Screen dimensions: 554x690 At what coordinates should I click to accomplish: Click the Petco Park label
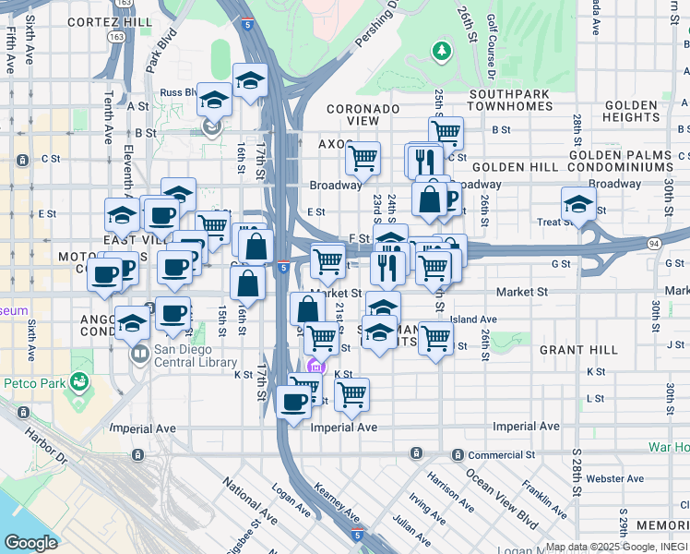click(x=39, y=383)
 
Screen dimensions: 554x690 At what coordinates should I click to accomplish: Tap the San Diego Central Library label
click(x=196, y=355)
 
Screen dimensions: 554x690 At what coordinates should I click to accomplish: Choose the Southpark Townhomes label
click(x=510, y=101)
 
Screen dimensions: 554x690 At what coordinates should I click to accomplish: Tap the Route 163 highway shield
click(x=117, y=36)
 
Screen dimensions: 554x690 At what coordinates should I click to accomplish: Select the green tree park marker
click(x=444, y=50)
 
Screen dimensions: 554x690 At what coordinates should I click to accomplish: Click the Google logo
click(x=30, y=543)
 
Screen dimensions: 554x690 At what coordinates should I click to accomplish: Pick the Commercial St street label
click(x=501, y=455)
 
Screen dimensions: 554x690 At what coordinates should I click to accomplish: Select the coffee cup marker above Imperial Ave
click(x=294, y=401)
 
